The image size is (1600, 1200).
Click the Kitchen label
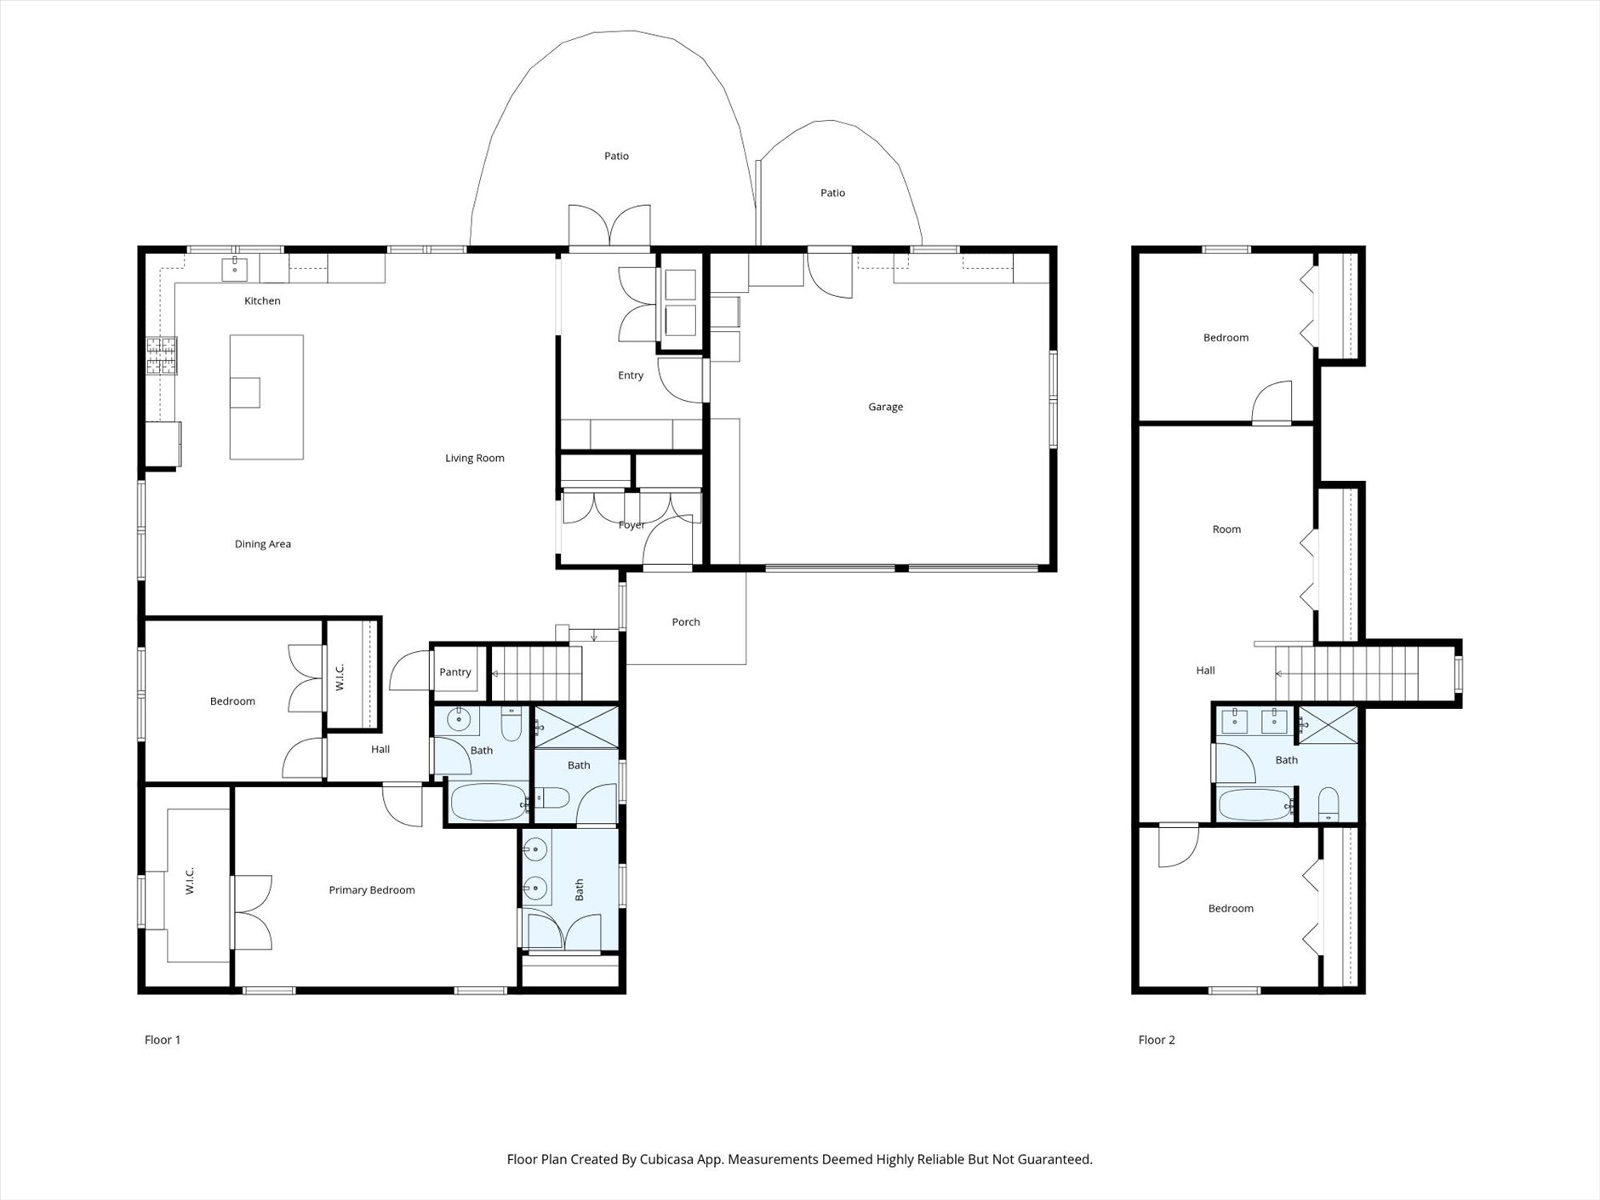[262, 300]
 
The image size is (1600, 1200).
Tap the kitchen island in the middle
[266, 397]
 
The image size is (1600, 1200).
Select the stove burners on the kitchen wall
[162, 357]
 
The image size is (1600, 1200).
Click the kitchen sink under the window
[234, 268]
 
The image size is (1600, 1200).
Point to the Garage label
[885, 407]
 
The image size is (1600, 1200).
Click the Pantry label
[455, 672]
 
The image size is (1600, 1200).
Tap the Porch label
[686, 622]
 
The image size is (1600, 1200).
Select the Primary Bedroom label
[372, 890]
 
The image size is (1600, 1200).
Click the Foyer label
[631, 525]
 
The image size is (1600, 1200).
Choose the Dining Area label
[263, 544]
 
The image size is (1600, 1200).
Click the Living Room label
[475, 458]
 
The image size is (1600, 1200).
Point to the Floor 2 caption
[1157, 1040]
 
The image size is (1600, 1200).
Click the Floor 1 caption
[163, 1040]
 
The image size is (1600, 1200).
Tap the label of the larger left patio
[616, 156]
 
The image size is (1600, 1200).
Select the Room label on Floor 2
[1226, 529]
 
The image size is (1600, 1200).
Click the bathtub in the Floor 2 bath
[1254, 804]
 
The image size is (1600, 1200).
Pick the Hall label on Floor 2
[1205, 671]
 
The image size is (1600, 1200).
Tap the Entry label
[631, 375]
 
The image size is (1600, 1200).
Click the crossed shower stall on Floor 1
[576, 726]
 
